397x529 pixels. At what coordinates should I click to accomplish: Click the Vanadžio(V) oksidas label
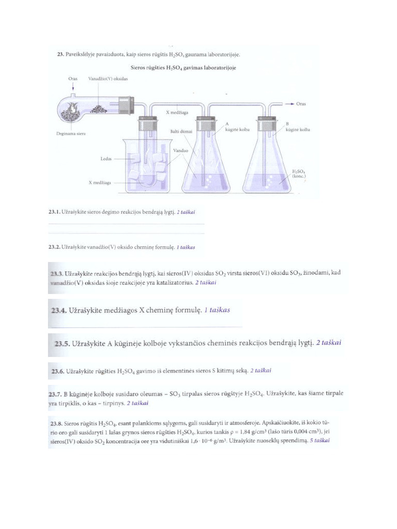coord(108,79)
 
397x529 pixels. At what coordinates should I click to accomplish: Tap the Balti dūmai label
coord(181,132)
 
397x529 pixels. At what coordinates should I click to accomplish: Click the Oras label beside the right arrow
coord(301,103)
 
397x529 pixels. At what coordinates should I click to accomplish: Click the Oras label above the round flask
coord(73,79)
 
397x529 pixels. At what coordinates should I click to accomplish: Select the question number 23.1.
coord(54,212)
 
